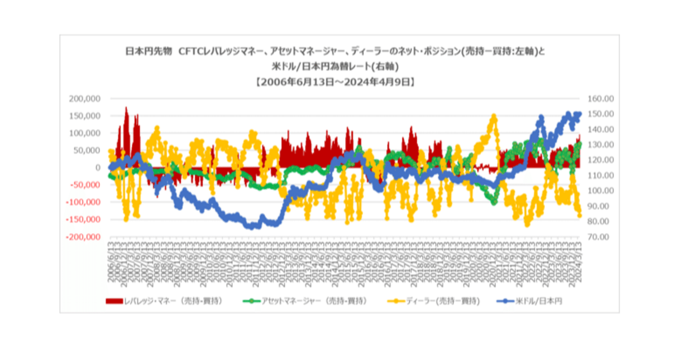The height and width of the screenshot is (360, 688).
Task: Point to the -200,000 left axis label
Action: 83,237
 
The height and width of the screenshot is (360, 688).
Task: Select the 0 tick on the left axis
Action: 98,168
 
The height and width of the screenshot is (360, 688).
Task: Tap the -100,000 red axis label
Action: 83,203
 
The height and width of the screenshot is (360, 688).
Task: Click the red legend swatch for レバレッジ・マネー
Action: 114,301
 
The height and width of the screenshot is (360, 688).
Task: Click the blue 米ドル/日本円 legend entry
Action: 533,301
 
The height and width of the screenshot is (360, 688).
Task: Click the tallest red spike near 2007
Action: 126,108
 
